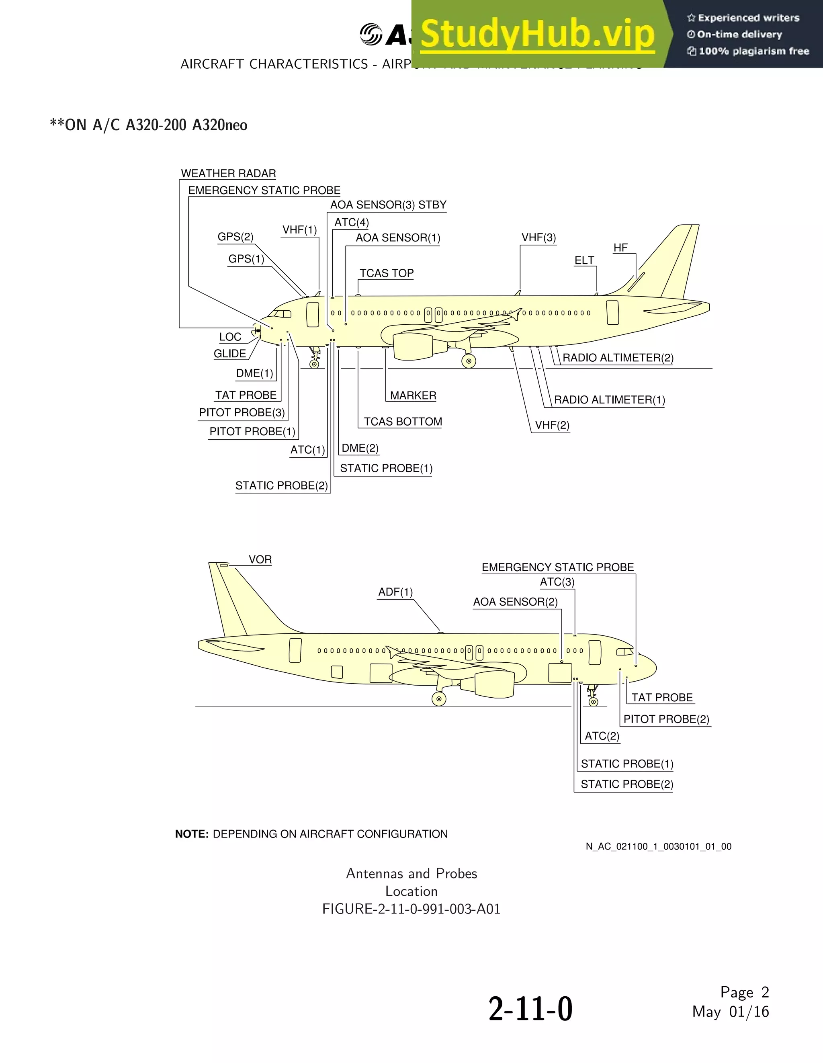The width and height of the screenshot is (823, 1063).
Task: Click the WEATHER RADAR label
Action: [228, 174]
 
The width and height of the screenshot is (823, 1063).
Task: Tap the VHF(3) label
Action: [538, 238]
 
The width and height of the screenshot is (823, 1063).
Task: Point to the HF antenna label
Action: [620, 248]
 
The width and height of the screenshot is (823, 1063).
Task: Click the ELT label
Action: [584, 260]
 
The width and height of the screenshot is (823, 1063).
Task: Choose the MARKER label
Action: [413, 396]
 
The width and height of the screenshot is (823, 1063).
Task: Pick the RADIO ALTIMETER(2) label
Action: [618, 358]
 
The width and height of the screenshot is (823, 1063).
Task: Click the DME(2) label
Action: [360, 448]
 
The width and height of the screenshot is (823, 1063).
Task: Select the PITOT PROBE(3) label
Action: [242, 413]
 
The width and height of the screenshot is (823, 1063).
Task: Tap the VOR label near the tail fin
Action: [260, 560]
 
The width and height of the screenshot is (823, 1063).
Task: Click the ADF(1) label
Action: [395, 592]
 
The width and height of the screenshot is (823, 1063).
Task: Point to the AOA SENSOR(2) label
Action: [515, 602]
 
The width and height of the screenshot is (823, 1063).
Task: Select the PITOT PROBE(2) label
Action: [666, 719]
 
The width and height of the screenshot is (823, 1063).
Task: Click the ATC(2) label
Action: [602, 736]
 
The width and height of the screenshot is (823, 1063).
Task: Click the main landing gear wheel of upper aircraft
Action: [469, 361]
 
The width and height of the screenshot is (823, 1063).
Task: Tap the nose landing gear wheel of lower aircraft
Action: [593, 702]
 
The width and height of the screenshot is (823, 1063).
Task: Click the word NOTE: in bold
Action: [192, 834]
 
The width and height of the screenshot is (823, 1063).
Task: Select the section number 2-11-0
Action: [530, 1009]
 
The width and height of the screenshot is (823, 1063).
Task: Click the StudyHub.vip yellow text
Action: [537, 35]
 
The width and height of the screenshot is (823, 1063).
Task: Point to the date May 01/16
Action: [730, 1012]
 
